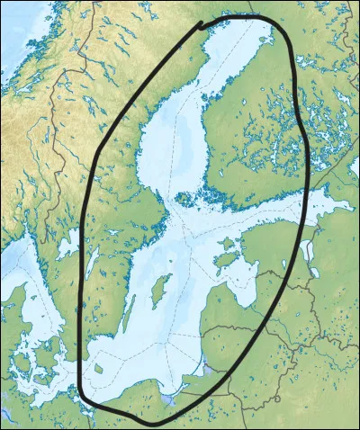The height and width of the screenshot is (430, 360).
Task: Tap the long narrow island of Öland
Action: coord(129,314)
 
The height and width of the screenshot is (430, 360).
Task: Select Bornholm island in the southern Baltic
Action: coord(97,367)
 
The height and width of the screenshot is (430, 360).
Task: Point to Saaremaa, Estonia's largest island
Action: coord(222,262)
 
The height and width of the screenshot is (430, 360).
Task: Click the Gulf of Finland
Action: coord(270,214)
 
